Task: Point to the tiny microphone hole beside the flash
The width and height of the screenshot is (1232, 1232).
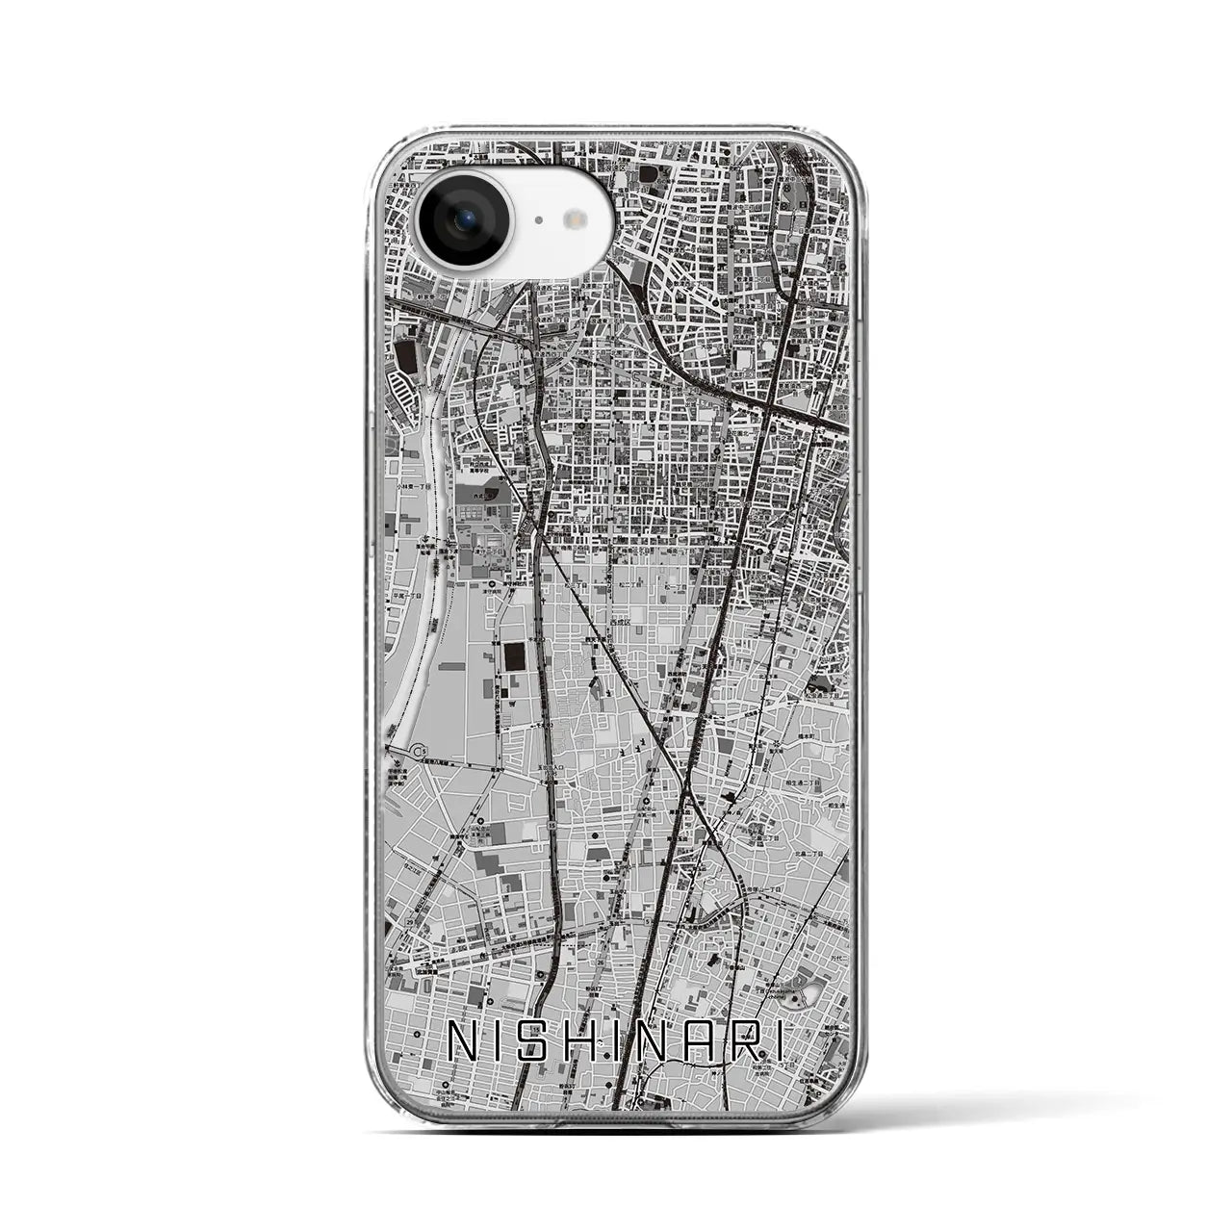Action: coord(538,220)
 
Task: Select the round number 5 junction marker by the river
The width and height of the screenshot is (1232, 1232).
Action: coord(417,750)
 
